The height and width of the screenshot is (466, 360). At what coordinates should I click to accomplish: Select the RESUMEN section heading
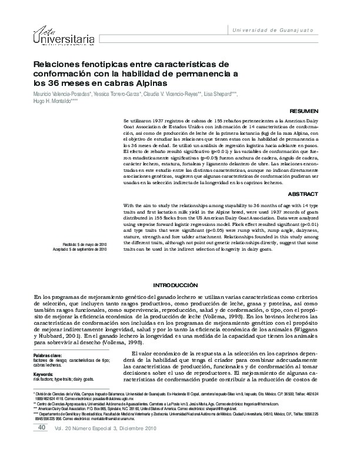(305, 110)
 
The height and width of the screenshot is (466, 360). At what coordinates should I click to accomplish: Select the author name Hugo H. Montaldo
(54, 101)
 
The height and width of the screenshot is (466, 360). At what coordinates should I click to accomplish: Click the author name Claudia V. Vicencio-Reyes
(173, 94)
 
